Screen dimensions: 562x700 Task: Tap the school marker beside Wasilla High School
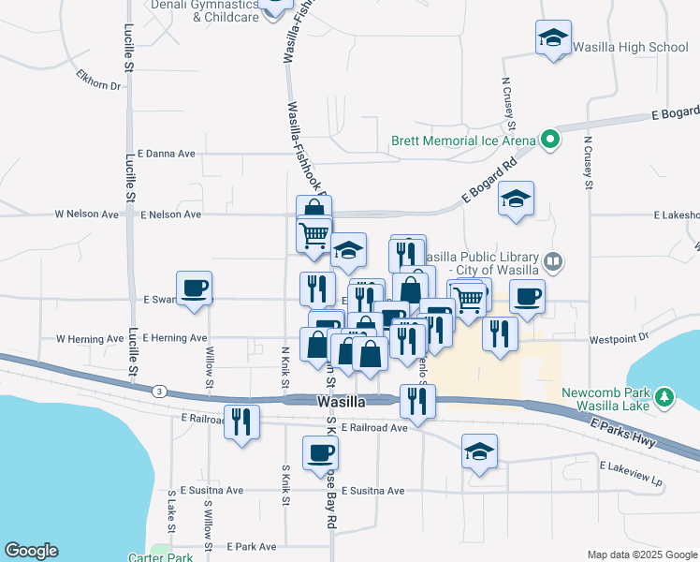[553, 39]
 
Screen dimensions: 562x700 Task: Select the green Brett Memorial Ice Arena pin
[550, 141]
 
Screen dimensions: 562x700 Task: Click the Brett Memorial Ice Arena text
[463, 141]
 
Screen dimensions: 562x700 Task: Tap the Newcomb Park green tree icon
[664, 397]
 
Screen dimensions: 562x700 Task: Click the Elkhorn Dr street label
[100, 85]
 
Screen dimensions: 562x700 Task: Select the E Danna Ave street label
[166, 153]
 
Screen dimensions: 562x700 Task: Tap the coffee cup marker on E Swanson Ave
[194, 288]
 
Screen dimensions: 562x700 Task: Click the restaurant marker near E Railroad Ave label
[241, 422]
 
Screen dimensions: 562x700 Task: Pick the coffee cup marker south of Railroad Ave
[320, 453]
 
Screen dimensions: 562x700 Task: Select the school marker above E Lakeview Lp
[479, 454]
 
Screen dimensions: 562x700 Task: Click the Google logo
[31, 551]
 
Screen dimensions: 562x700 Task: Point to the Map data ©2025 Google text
[640, 555]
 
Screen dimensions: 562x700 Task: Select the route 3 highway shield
[161, 391]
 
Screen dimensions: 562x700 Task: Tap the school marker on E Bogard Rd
[515, 200]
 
